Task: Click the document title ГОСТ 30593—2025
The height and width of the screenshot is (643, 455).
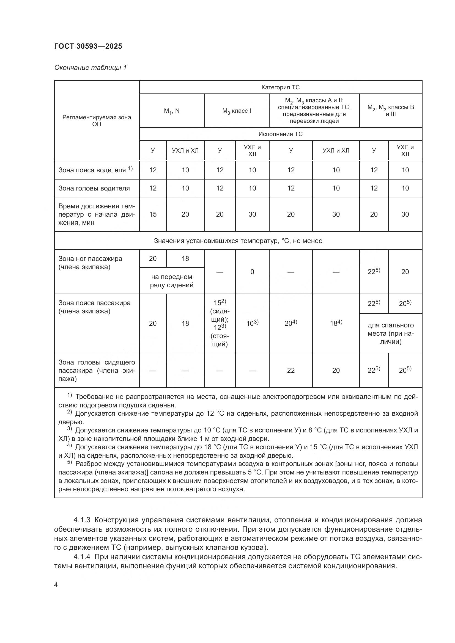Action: [x=88, y=46]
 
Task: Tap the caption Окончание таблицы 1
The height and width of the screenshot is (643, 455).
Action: [x=91, y=68]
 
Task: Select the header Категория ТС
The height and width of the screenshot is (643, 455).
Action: [x=280, y=87]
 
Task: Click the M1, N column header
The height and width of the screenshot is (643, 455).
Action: [x=172, y=111]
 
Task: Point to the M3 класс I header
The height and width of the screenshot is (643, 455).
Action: [x=237, y=111]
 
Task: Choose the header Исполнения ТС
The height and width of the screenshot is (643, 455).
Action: [x=280, y=134]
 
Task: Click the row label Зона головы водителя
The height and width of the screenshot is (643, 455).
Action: [x=94, y=188]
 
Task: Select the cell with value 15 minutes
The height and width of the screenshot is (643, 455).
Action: [x=153, y=214]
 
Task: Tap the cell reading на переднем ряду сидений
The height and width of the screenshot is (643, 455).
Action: [x=171, y=281]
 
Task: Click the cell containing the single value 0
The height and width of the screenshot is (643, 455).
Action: [x=252, y=272]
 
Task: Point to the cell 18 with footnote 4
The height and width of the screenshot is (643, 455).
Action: [x=336, y=323]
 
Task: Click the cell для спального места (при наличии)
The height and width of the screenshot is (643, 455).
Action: [x=391, y=333]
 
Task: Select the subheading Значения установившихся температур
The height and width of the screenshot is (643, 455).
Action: [x=238, y=241]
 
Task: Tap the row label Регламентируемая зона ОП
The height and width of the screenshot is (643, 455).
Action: [x=97, y=121]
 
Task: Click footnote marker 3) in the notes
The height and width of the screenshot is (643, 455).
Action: [x=70, y=429]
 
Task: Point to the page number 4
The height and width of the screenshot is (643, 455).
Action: [x=56, y=585]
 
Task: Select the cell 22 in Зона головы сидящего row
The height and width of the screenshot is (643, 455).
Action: [x=290, y=371]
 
